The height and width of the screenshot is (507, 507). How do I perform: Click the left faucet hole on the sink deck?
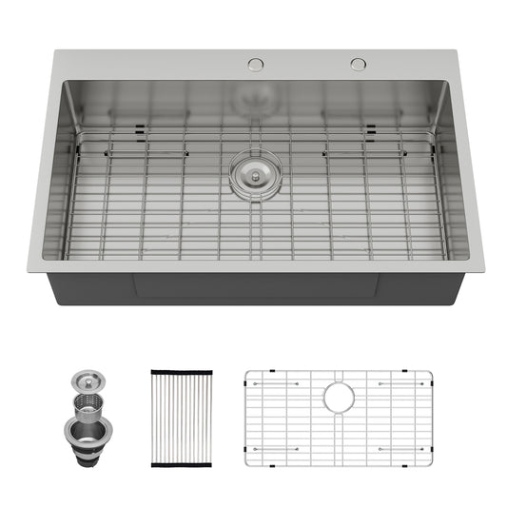255,64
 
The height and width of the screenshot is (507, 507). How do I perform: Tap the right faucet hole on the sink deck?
358,64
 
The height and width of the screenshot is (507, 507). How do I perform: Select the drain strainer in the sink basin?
254,173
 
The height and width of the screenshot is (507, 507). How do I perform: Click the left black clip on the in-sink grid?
141,129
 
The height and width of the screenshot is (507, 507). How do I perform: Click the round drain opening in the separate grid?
338,398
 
